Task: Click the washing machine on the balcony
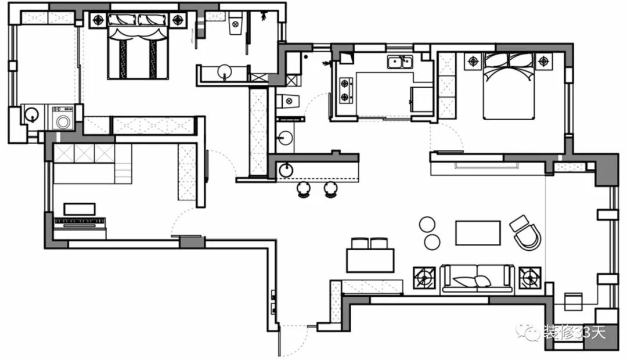62,118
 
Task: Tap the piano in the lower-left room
80,221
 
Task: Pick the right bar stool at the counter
331,189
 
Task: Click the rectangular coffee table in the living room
478,233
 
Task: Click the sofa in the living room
477,279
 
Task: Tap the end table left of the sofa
424,278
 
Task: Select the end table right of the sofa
530,278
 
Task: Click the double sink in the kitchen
401,61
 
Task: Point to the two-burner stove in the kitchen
345,90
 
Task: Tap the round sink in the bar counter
286,170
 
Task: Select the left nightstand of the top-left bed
98,19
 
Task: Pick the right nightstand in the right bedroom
543,60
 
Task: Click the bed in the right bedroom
509,86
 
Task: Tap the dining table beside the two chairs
370,260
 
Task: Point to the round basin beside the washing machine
32,114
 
